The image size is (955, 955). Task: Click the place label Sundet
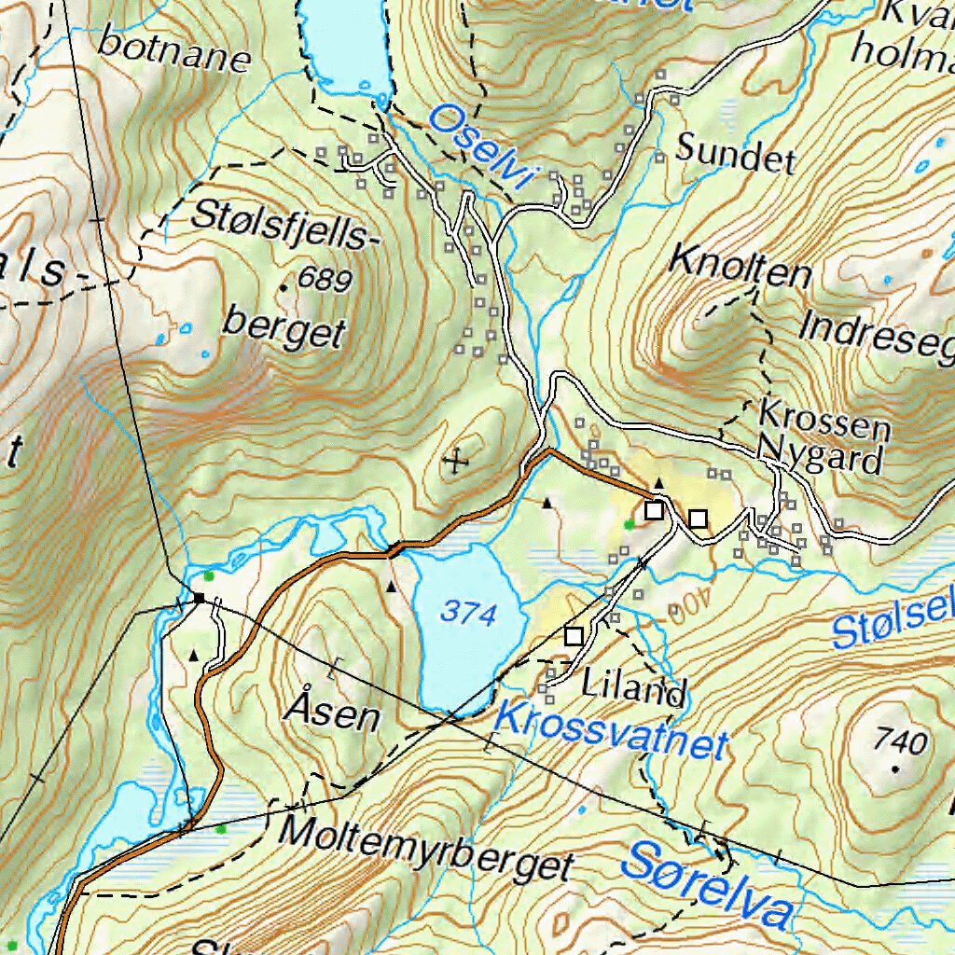735,153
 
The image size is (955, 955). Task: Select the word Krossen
824,420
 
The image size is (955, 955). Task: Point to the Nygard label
820,457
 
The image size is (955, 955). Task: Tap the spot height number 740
901,742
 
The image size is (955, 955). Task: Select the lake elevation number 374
468,613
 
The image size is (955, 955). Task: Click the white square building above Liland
574,636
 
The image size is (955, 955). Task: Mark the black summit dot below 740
895,769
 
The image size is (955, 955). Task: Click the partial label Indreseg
877,336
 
